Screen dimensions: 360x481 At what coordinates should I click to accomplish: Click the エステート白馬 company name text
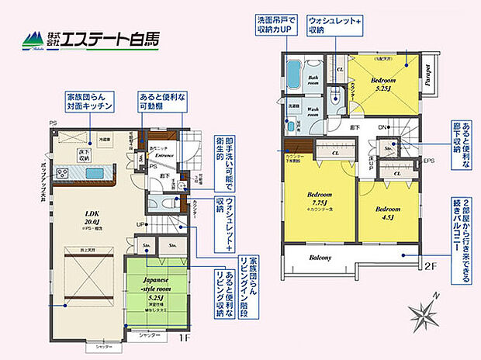pyautogui.click(x=113, y=37)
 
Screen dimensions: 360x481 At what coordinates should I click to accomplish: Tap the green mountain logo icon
pyautogui.click(x=33, y=38)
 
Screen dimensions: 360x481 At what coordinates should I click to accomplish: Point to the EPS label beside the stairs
pyautogui.click(x=427, y=161)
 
